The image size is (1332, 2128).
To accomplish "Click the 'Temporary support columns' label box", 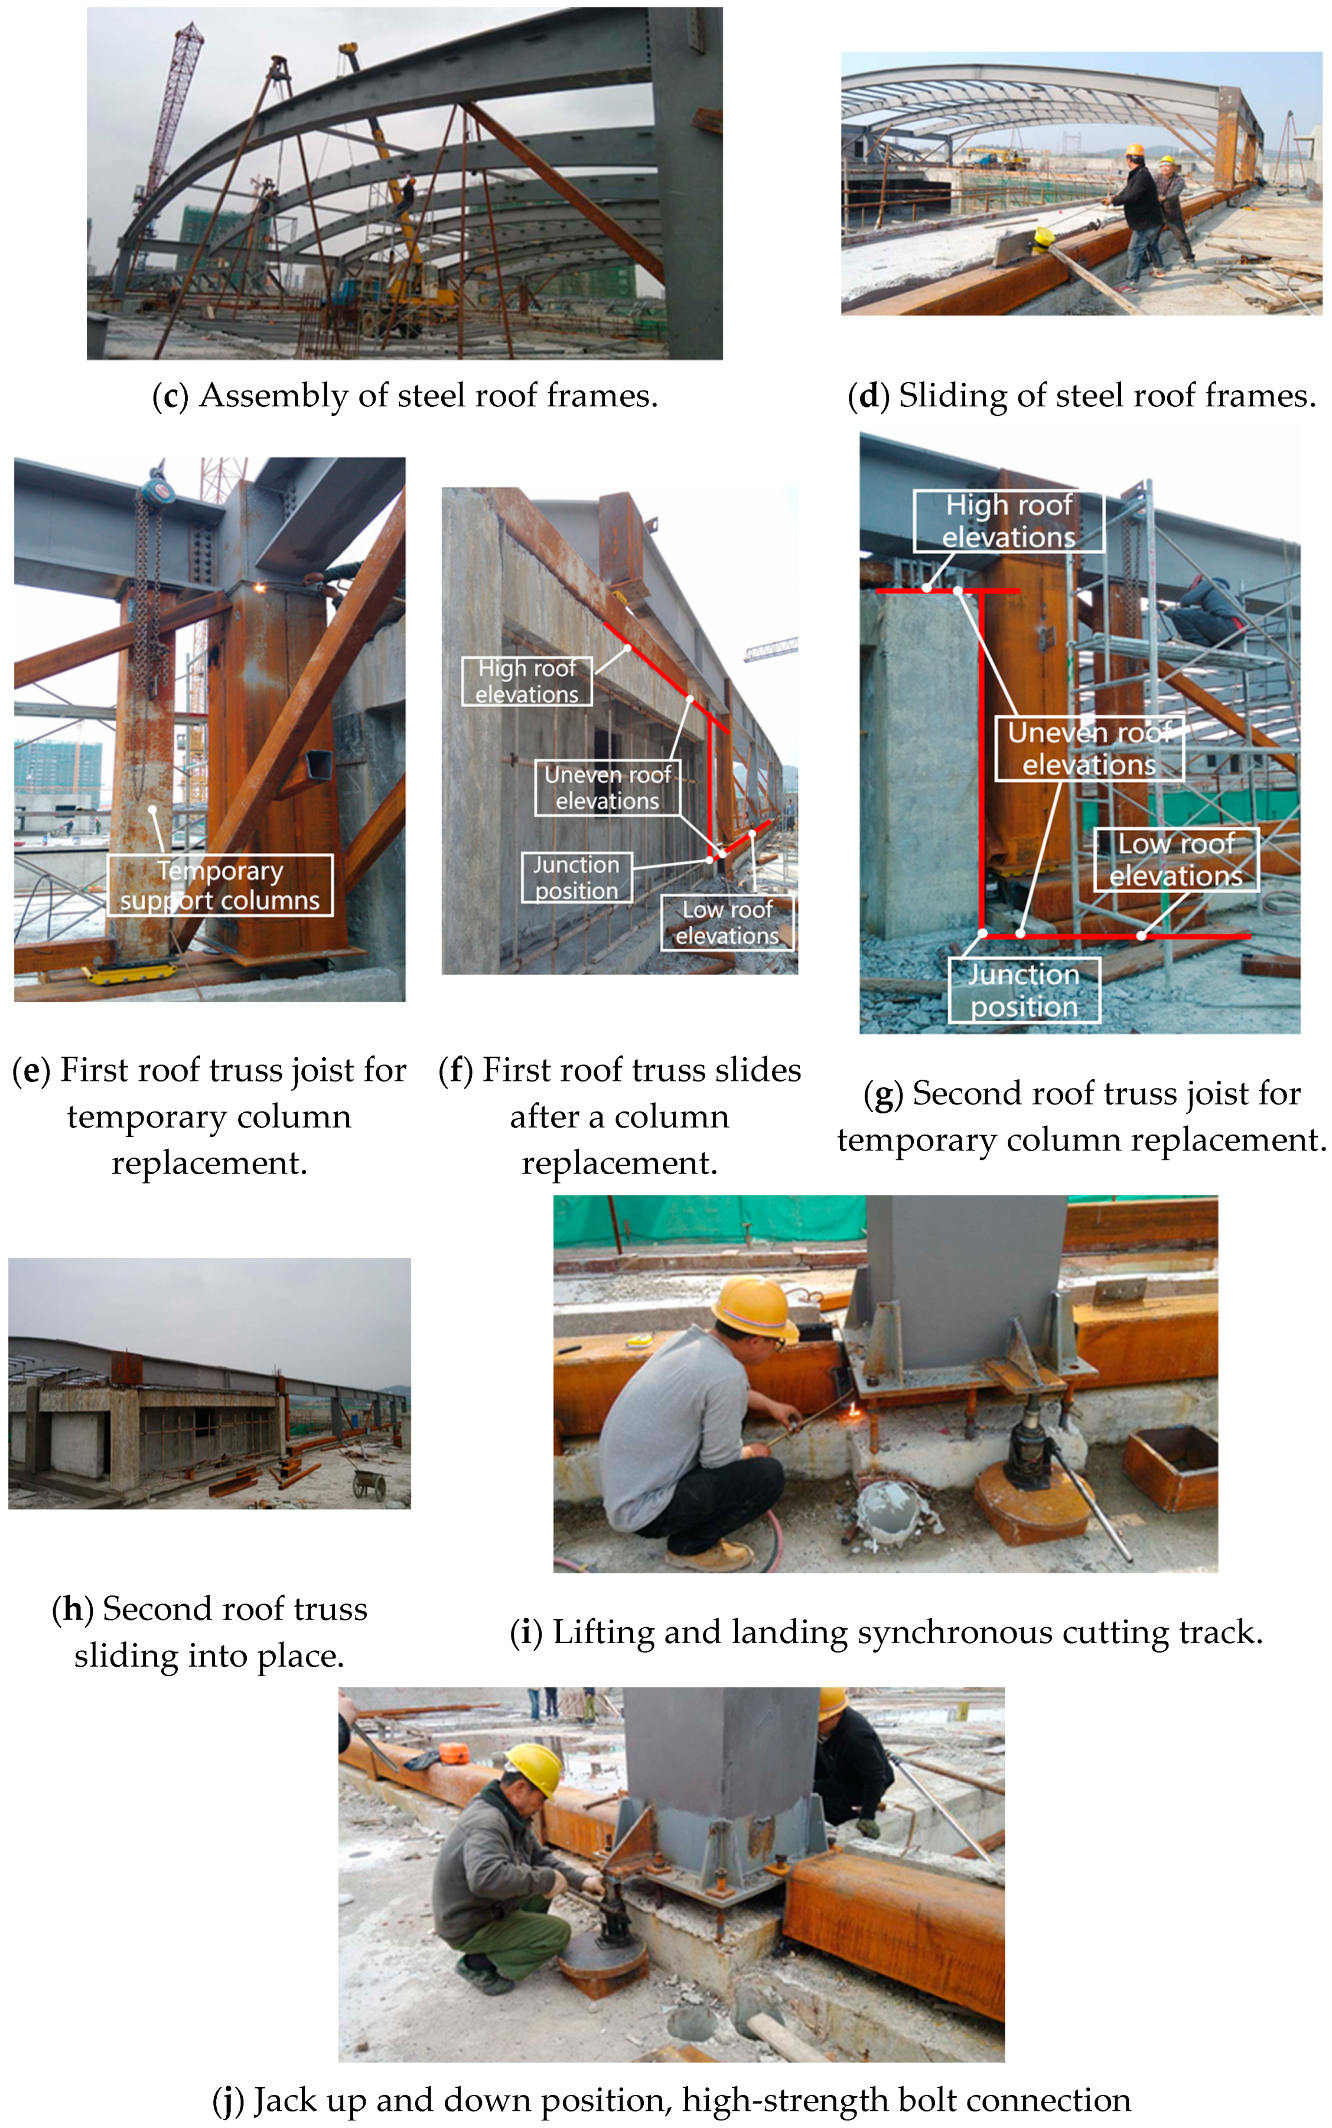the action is pyautogui.click(x=220, y=885).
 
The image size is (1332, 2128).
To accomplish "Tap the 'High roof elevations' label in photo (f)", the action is pyautogui.click(x=527, y=681).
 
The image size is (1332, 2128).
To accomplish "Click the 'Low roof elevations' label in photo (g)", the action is pyautogui.click(x=1176, y=860).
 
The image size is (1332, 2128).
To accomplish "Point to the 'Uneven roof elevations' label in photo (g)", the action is pyautogui.click(x=1090, y=749).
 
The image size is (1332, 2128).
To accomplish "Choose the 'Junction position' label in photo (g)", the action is pyautogui.click(x=1025, y=990).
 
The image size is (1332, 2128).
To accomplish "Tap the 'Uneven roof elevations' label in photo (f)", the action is pyautogui.click(x=608, y=787).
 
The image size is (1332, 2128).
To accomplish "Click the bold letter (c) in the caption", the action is pyautogui.click(x=171, y=396).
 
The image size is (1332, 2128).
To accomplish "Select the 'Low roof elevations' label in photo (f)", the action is pyautogui.click(x=728, y=922).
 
